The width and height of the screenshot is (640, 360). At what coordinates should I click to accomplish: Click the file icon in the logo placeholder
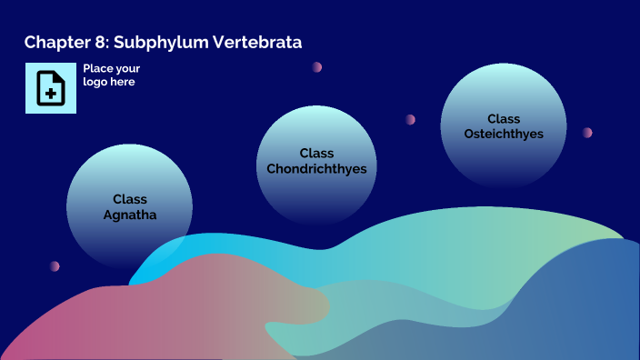click(x=51, y=88)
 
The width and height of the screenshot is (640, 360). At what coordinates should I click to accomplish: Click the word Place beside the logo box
click(x=97, y=68)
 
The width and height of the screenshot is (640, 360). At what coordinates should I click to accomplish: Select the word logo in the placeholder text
click(x=95, y=82)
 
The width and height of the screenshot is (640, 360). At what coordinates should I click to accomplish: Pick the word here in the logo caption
click(x=123, y=82)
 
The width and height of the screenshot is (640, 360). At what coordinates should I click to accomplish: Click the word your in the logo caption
click(x=127, y=68)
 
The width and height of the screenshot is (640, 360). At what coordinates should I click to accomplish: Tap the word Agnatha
click(x=130, y=215)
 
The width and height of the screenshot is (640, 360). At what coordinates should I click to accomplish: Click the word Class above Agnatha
click(x=130, y=199)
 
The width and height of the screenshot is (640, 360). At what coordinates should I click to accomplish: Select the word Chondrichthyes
click(x=316, y=169)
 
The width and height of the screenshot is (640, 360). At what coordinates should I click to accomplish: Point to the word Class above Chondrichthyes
click(x=316, y=153)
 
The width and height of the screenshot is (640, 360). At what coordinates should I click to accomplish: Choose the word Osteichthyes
click(x=504, y=134)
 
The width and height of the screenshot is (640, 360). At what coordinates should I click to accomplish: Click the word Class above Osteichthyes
click(x=504, y=118)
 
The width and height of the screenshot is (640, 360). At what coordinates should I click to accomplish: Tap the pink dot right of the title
click(x=317, y=67)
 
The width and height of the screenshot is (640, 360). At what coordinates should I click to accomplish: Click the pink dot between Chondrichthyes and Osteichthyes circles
click(x=411, y=119)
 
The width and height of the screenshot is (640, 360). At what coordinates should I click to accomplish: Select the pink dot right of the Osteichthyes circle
click(x=587, y=133)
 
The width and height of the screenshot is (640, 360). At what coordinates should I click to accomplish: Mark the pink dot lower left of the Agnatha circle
click(x=55, y=266)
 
